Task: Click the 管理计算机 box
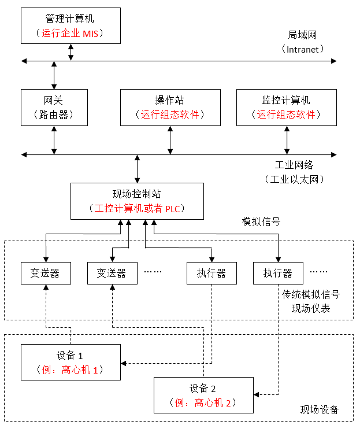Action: tap(70, 25)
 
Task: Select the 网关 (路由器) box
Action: tap(54, 108)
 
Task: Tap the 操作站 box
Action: tap(170, 108)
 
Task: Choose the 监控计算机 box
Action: tap(287, 108)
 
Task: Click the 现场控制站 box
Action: tap(137, 201)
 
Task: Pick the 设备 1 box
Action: tap(70, 362)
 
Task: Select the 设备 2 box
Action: tap(203, 395)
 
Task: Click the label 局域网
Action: tap(303, 35)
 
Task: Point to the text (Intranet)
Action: tap(303, 49)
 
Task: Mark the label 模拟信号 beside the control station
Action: tap(261, 221)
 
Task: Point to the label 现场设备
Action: tap(319, 410)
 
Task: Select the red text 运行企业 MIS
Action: tap(70, 33)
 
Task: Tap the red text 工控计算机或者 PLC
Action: tap(137, 208)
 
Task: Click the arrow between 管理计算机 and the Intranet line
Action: tap(71, 51)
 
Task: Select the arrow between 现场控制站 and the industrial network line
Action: tap(137, 168)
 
